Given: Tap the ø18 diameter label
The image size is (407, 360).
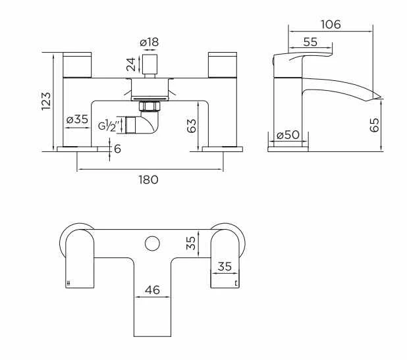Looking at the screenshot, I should coord(149,42).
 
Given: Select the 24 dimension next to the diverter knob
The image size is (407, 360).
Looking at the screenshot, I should coord(130,65).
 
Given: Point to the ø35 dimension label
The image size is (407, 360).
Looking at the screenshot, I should coord(78,120).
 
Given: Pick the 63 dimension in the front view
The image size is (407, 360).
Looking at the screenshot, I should coord(191,126).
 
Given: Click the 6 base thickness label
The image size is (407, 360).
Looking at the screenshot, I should coord(117,149).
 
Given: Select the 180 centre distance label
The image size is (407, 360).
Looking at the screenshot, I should coord(149,180).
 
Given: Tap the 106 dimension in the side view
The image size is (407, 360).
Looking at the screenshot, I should coord(330,24).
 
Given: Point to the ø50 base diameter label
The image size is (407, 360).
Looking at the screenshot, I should coord(287,135).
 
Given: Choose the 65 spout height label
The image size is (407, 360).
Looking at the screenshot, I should coord(375,125).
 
